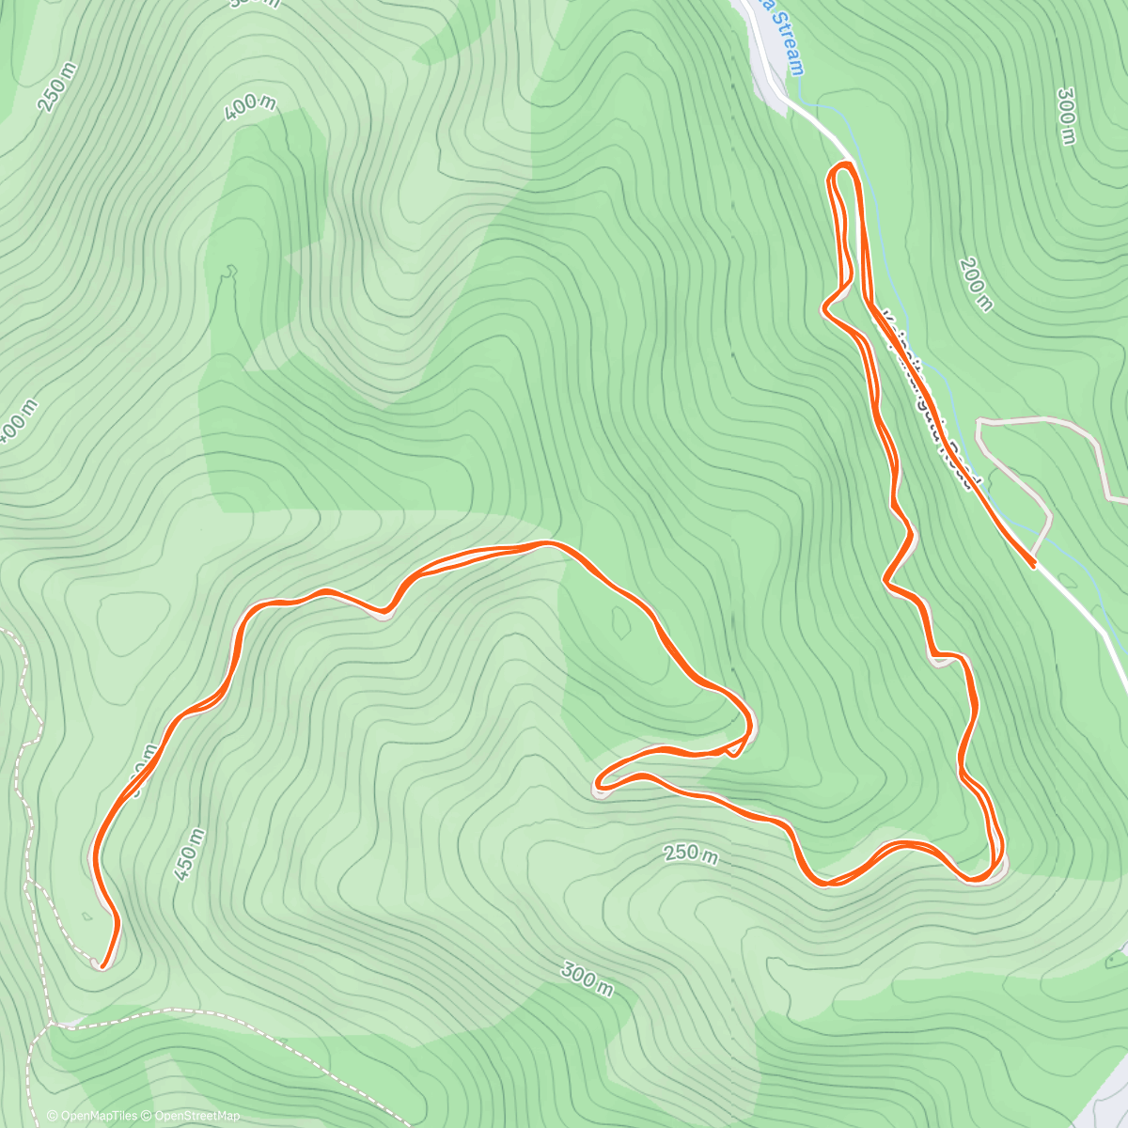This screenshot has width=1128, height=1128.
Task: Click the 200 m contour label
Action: tap(976, 283)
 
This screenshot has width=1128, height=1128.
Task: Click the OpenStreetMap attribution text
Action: tap(192, 1116)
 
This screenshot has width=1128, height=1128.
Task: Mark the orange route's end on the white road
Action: tap(1033, 564)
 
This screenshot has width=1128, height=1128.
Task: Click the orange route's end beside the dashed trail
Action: tap(102, 964)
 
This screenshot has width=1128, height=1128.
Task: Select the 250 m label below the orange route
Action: tap(691, 854)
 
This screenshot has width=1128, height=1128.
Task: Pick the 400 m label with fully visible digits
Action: tap(250, 108)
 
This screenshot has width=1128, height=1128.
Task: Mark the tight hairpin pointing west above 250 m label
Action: tap(600, 781)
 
